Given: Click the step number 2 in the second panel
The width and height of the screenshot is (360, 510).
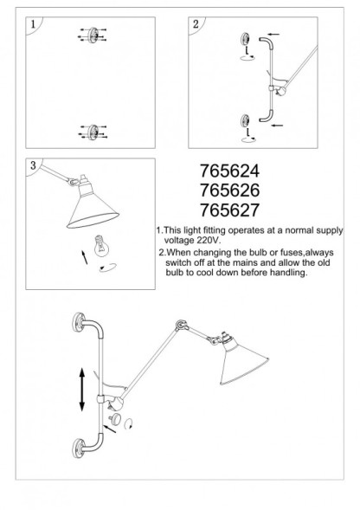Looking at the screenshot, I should click(196, 25).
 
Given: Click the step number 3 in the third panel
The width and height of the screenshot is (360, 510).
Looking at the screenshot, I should click(32, 165).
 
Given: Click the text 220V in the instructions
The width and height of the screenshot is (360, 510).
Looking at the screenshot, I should click(209, 242).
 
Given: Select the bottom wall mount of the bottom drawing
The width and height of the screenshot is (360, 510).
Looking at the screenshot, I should click(80, 448).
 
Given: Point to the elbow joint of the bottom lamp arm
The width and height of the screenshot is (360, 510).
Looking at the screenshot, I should click(181, 326).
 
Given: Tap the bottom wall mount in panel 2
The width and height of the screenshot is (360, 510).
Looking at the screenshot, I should click(246, 120).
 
